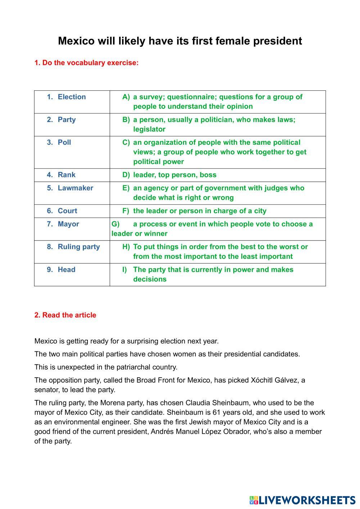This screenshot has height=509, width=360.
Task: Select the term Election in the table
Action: coord(72,97)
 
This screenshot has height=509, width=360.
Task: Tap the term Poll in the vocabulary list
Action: coord(64,142)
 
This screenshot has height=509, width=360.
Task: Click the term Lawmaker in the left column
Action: coord(75,188)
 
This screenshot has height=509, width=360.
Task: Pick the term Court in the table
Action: coord(67,211)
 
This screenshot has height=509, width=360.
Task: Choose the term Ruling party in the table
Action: coord(78,247)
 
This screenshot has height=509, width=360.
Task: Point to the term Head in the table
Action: coord(67,269)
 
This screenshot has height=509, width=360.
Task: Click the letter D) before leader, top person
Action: coord(126,175)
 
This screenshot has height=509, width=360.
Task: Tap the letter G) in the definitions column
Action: coord(116,224)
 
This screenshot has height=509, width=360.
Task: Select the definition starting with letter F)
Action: coord(199,211)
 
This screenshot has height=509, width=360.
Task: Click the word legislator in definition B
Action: coord(149,129)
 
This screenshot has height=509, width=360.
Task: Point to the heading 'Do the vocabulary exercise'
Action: coord(86,63)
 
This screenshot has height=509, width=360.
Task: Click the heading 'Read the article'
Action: coord(65,315)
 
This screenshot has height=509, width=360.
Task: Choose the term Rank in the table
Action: coord(67,175)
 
